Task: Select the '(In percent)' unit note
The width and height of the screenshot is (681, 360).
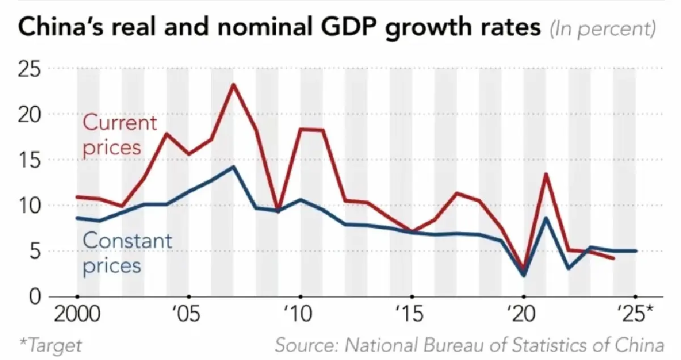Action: [603, 29]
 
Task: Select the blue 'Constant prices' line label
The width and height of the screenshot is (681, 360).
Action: [126, 252]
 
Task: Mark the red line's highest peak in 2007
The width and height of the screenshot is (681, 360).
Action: [233, 85]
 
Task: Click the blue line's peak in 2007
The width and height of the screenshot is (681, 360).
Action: [233, 167]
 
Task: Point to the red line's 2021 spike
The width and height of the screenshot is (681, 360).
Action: [546, 174]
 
